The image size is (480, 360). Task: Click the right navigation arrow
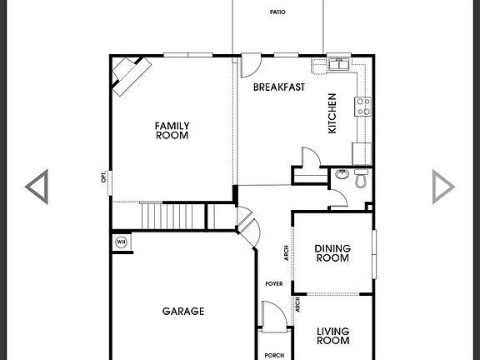443,187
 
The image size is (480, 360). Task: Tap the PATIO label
277,12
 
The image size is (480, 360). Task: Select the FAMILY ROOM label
172,131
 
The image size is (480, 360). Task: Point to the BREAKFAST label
278,87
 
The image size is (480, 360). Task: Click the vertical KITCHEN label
332,113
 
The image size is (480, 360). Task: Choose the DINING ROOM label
332,253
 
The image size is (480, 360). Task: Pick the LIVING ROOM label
332,336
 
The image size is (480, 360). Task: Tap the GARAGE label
183,312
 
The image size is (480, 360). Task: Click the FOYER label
274,284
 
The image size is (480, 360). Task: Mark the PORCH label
274,354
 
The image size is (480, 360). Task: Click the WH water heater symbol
121,242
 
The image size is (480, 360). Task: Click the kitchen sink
338,66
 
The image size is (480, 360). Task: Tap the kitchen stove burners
363,106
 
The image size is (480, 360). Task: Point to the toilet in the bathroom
360,178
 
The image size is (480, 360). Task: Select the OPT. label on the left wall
104,177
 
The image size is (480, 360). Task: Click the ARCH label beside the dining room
287,253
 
